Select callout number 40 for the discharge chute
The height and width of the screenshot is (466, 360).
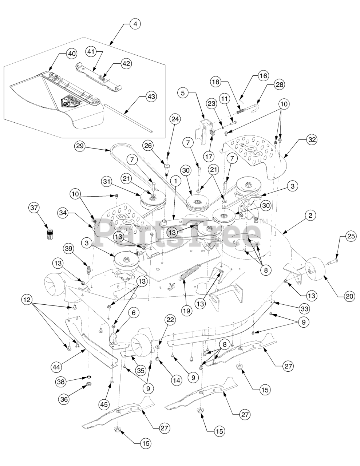coord(71,53)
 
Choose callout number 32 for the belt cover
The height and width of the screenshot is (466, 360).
coord(312,139)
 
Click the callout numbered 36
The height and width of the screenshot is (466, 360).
coord(64,398)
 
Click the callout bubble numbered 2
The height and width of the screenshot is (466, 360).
coord(310,216)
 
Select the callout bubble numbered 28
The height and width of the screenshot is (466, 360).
coord(279,84)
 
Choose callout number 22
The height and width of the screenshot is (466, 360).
coord(170,320)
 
